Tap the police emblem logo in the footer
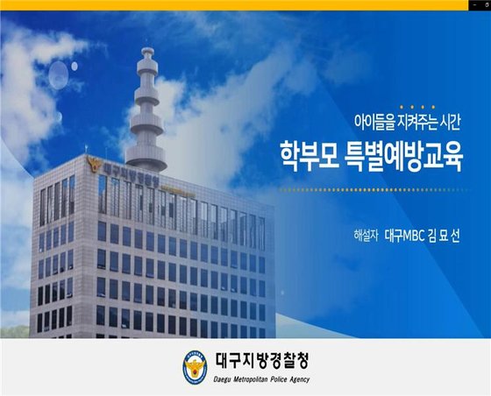pos(195,366)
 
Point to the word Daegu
pos(224,380)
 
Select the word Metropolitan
pos(259,380)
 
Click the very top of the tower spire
pos(146,51)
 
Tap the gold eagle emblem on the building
pos(92,164)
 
